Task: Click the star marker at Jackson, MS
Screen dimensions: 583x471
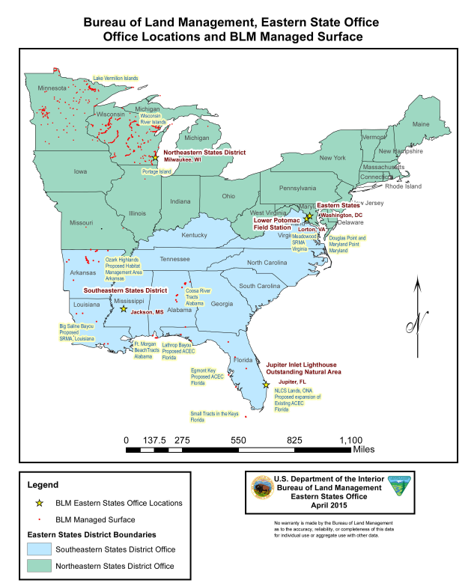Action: click(x=124, y=308)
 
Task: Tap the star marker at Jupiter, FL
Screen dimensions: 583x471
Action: click(x=267, y=385)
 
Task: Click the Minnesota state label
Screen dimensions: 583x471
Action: click(x=52, y=87)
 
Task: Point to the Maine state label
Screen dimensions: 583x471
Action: click(x=422, y=123)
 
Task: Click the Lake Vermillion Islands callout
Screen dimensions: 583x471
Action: click(x=115, y=78)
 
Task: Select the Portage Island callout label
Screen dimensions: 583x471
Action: click(x=157, y=171)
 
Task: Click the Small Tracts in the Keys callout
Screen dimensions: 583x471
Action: click(x=214, y=417)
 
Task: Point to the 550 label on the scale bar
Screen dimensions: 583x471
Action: click(x=239, y=440)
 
